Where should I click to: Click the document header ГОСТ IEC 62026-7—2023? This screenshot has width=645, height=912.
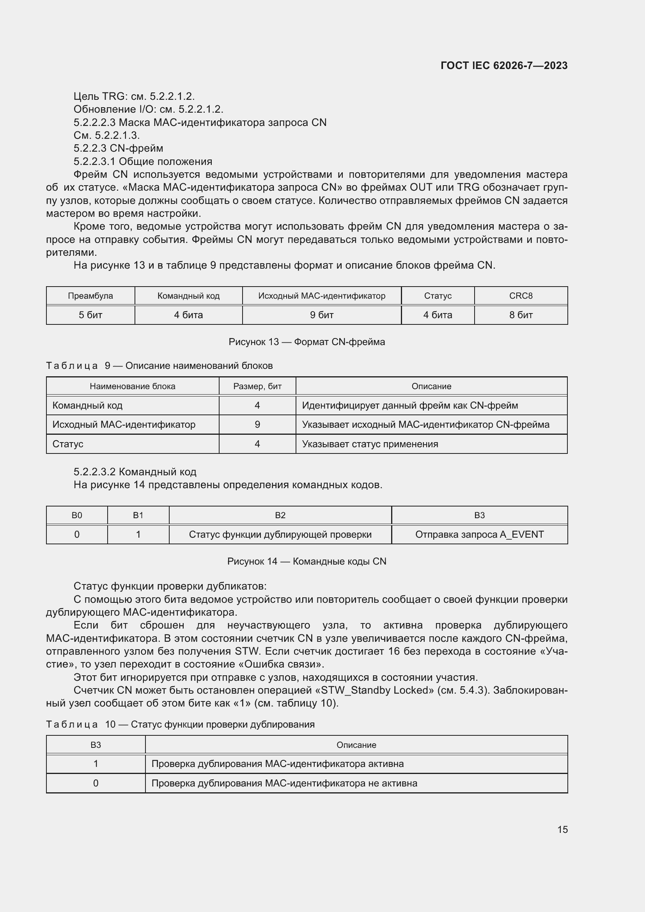click(x=503, y=66)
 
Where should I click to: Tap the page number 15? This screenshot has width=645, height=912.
click(x=562, y=829)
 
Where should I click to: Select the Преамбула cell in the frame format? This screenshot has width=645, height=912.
click(x=90, y=296)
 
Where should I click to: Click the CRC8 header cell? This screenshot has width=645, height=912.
click(x=521, y=296)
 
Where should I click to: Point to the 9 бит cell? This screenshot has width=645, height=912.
click(x=321, y=315)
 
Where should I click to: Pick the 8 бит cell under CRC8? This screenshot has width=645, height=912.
click(x=521, y=315)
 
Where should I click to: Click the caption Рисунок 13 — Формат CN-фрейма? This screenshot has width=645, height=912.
click(x=307, y=342)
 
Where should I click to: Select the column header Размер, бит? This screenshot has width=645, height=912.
click(x=257, y=386)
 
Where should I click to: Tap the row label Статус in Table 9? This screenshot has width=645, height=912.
click(x=68, y=444)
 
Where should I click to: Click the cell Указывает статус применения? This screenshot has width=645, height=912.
click(x=370, y=444)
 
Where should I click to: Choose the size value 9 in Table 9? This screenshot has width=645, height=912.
click(x=257, y=425)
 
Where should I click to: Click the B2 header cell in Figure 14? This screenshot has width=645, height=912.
click(x=280, y=515)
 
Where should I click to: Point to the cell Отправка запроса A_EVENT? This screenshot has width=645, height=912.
click(x=479, y=535)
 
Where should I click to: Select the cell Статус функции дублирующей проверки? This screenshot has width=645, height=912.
click(x=280, y=535)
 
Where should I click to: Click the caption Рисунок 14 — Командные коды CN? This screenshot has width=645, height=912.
click(x=307, y=561)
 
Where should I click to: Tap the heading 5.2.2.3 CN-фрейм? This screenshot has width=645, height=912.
click(x=119, y=148)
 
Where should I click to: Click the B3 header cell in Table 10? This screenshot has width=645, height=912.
click(x=96, y=745)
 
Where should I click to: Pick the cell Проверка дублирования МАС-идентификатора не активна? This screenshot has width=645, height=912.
click(x=284, y=783)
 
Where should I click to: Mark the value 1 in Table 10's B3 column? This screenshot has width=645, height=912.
click(x=96, y=764)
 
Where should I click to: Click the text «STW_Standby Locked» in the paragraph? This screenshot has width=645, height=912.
click(x=374, y=691)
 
